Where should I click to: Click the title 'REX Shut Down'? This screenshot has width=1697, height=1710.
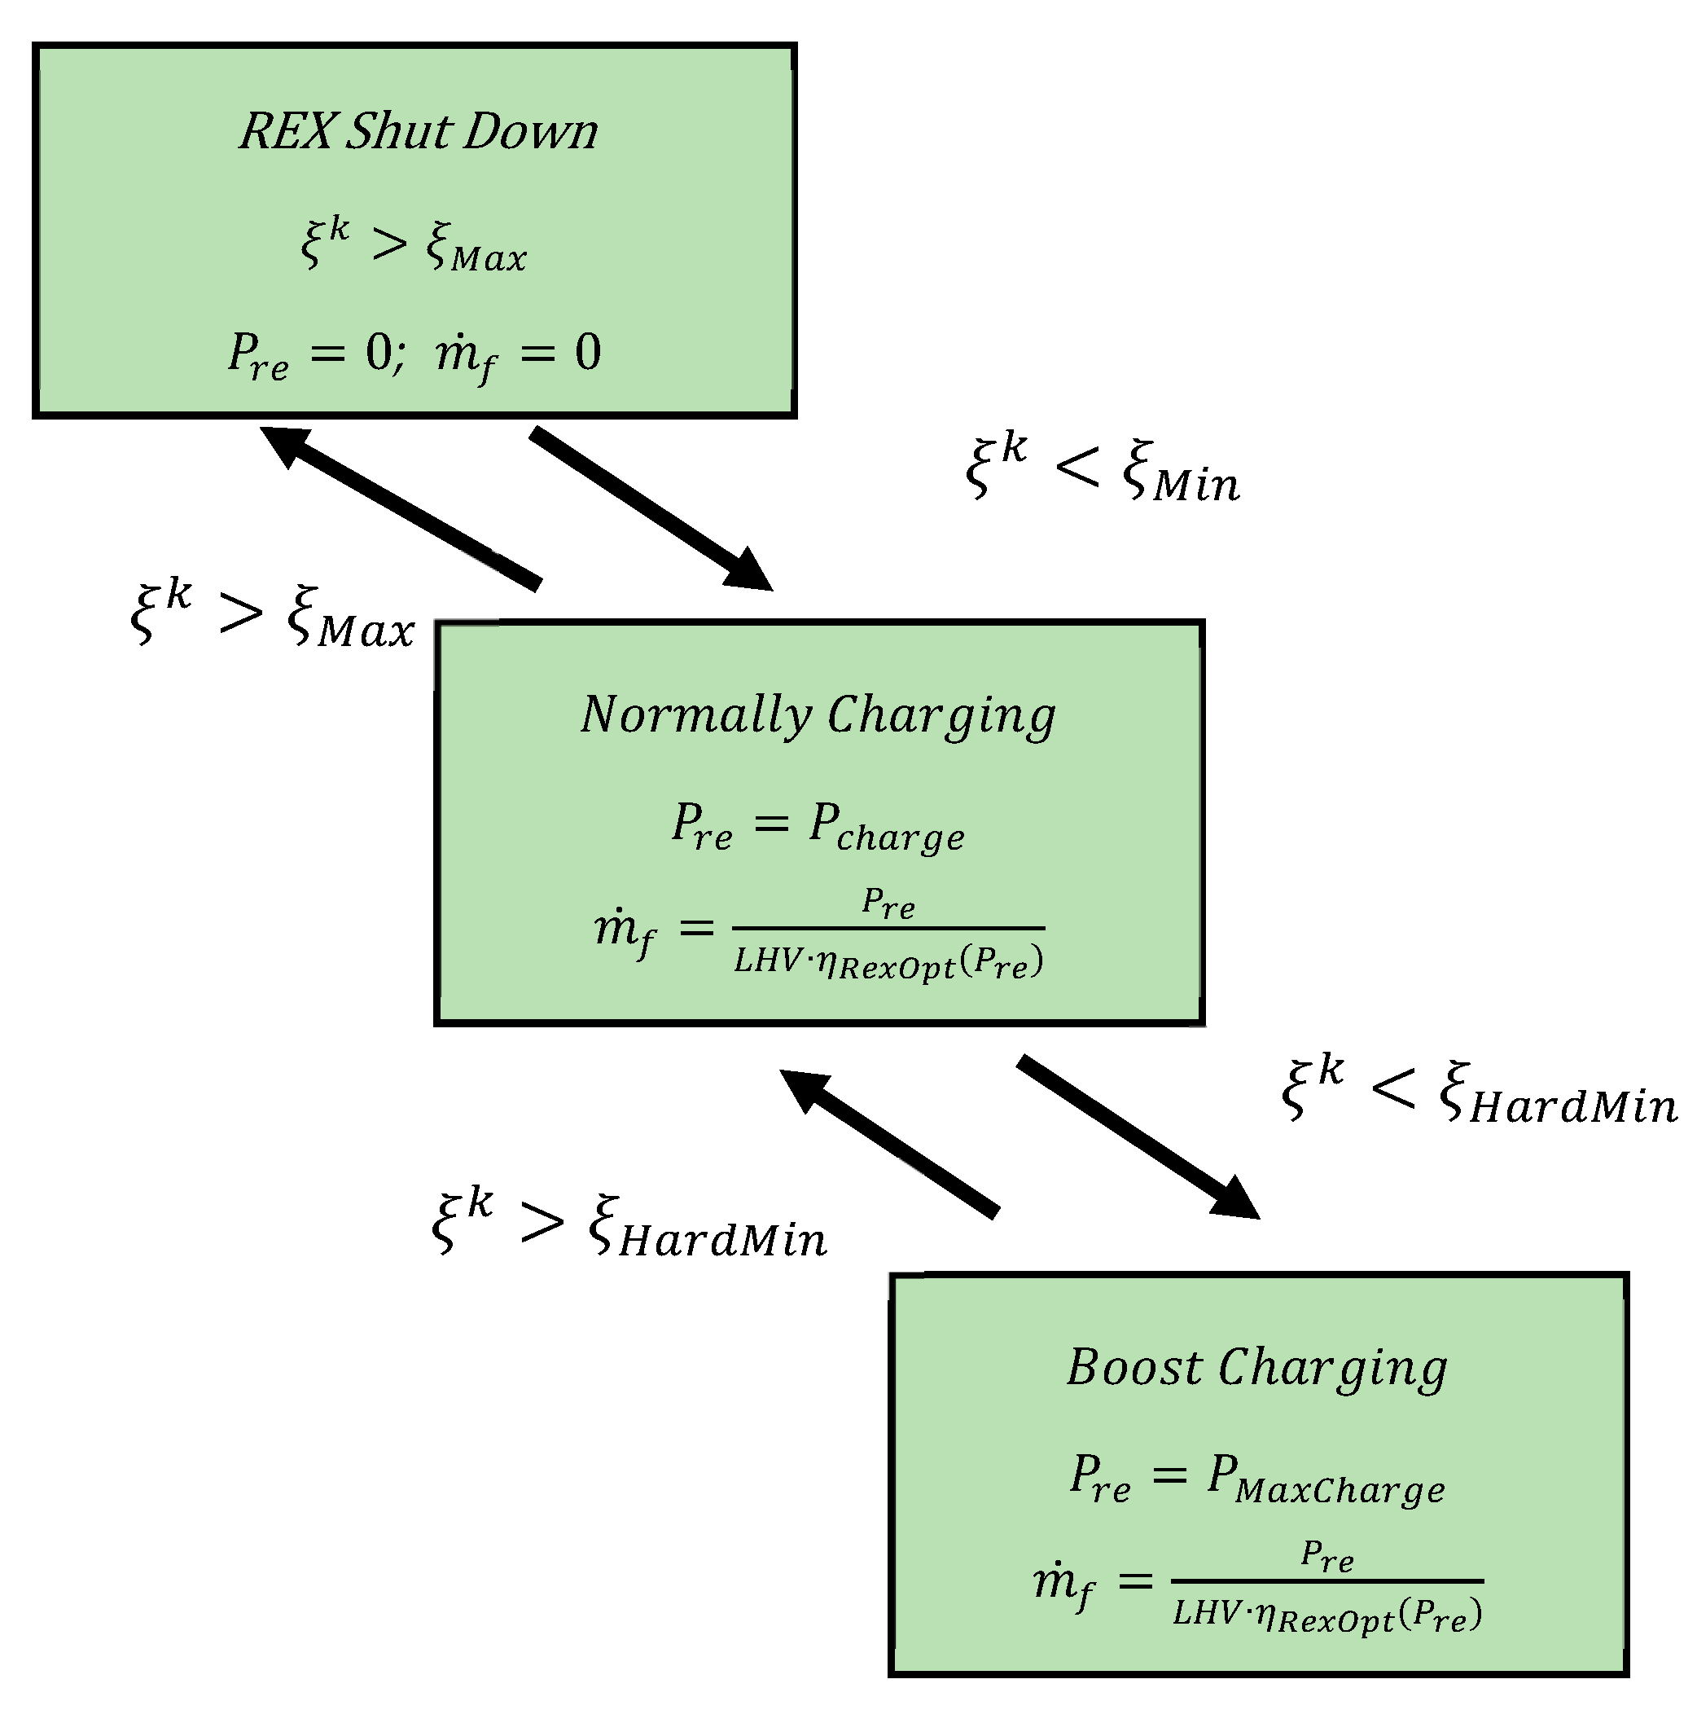point(419,131)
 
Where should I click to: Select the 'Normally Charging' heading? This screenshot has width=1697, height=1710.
point(818,715)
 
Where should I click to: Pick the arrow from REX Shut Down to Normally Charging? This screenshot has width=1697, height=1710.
point(651,508)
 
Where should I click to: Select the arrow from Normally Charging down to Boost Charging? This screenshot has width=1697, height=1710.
point(1137,1136)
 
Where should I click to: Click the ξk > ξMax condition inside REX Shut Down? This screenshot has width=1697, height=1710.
point(413,244)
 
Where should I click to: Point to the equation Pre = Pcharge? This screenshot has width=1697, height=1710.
point(818,827)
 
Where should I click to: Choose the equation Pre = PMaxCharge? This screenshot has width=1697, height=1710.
point(1256,1479)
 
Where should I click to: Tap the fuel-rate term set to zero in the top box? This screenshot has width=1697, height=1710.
point(518,354)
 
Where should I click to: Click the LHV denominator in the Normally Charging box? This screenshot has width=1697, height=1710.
point(888,962)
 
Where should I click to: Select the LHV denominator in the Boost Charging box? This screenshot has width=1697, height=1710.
point(1326,1615)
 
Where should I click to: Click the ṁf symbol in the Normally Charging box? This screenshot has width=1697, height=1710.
point(625,931)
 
